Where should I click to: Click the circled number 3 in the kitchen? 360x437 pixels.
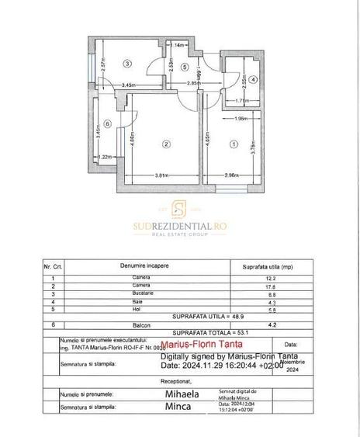pyautogui.click(x=128, y=64)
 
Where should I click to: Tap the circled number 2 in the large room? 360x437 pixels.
pyautogui.click(x=165, y=143)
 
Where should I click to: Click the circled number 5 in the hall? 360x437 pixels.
pyautogui.click(x=184, y=68)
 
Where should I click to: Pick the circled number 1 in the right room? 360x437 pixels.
pyautogui.click(x=234, y=144)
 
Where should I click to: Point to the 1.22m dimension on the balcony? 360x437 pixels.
pyautogui.click(x=108, y=158)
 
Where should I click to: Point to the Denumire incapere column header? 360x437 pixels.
pyautogui.click(x=144, y=265)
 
